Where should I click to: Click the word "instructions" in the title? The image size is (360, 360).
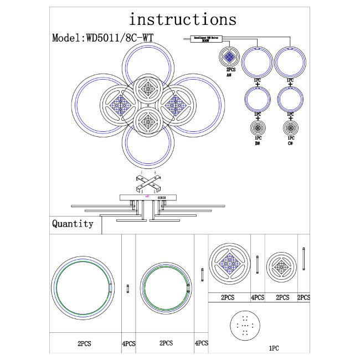(182, 20)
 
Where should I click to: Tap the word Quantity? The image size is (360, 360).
(73, 224)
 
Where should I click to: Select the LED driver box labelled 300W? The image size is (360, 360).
(205, 39)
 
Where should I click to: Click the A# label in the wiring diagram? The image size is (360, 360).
(229, 74)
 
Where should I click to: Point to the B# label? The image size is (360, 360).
(258, 143)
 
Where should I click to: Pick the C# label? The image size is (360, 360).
(290, 143)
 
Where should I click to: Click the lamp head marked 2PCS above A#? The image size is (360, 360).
(229, 58)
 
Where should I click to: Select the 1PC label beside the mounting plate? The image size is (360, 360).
(274, 349)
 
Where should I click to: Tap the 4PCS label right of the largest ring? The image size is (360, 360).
(128, 344)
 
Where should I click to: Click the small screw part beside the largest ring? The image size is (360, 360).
(128, 289)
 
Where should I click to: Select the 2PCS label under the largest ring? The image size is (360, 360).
(84, 344)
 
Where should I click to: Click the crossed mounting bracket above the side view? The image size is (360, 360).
(147, 182)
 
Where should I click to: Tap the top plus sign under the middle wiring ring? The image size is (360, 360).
(258, 84)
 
